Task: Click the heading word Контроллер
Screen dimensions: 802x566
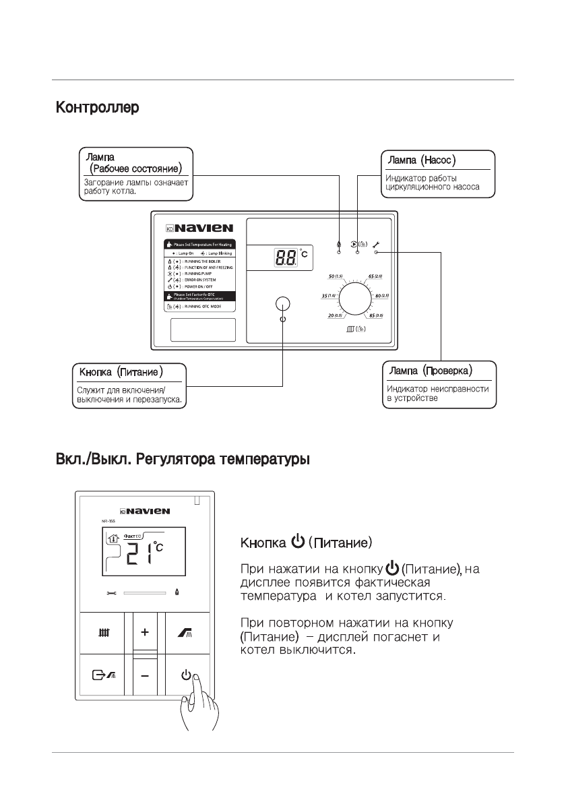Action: coord(97,107)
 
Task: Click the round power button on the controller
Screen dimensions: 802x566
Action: coord(282,303)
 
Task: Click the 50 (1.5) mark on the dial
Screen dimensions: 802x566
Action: coord(334,276)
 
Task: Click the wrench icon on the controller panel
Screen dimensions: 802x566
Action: coord(376,243)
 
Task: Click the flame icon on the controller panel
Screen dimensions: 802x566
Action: coord(339,244)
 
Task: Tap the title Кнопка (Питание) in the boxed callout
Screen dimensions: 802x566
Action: coord(121,371)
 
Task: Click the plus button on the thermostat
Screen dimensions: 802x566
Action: coord(145,633)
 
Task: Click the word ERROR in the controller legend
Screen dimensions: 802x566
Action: coord(187,279)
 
